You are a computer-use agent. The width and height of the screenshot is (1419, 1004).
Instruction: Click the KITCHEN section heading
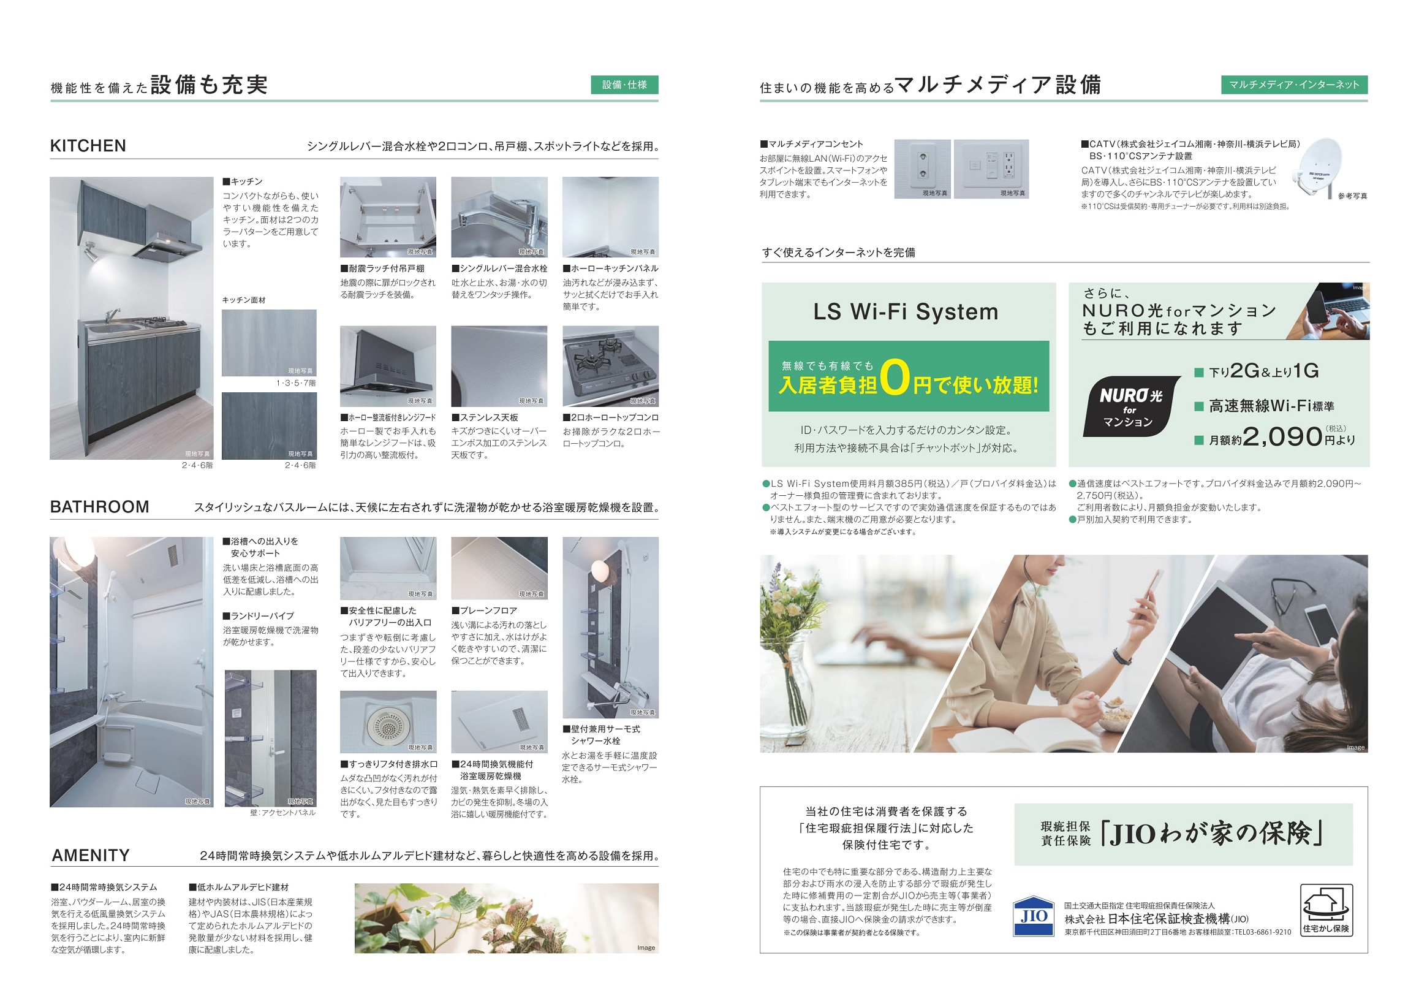(88, 146)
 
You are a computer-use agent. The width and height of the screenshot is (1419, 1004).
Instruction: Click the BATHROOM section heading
(99, 507)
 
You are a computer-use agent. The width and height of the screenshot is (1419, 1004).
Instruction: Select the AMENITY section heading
(91, 856)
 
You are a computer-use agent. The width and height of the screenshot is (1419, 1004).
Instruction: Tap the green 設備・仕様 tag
(624, 85)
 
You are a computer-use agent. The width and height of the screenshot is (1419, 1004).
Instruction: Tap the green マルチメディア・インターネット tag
(1294, 85)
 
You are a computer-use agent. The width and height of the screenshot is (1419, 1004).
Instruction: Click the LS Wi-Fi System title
(906, 311)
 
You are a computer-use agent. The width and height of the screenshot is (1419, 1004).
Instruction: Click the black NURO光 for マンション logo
(1130, 406)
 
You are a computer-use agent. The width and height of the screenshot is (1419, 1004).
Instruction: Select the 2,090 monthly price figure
(1282, 436)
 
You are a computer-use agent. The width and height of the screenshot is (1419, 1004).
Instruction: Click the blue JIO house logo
(1034, 916)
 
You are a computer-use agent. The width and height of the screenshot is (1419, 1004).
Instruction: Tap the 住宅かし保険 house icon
(1326, 910)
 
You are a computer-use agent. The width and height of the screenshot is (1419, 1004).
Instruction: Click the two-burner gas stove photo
(610, 366)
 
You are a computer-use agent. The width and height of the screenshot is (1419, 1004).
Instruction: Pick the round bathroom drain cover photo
(388, 721)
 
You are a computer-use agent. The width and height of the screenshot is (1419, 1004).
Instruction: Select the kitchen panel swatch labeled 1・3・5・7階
(269, 343)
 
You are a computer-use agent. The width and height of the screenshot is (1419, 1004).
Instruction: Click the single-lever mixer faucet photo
(499, 217)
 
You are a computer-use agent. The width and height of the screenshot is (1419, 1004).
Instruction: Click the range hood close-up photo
(388, 366)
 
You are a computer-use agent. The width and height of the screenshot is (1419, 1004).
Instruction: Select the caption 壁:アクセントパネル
(283, 813)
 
